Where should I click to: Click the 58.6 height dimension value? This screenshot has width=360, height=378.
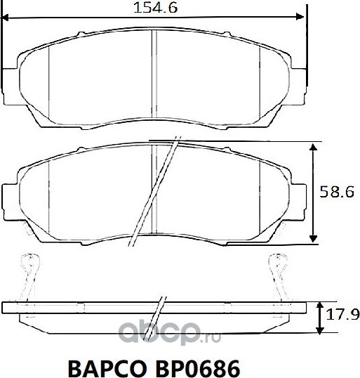click(338, 190)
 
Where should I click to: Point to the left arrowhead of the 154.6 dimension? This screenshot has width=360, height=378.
click(8, 18)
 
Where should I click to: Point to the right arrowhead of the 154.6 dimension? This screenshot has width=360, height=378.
click(302, 18)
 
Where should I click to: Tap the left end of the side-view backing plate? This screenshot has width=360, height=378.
click(6, 308)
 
